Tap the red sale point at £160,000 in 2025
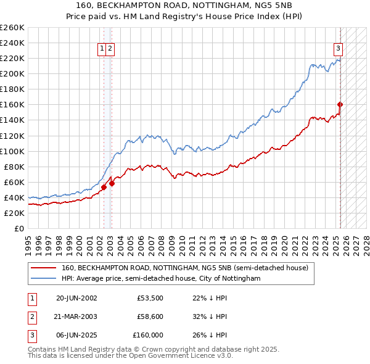(340, 104)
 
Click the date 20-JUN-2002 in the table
(76, 298)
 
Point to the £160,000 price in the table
(148, 335)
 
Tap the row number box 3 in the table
(31, 335)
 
